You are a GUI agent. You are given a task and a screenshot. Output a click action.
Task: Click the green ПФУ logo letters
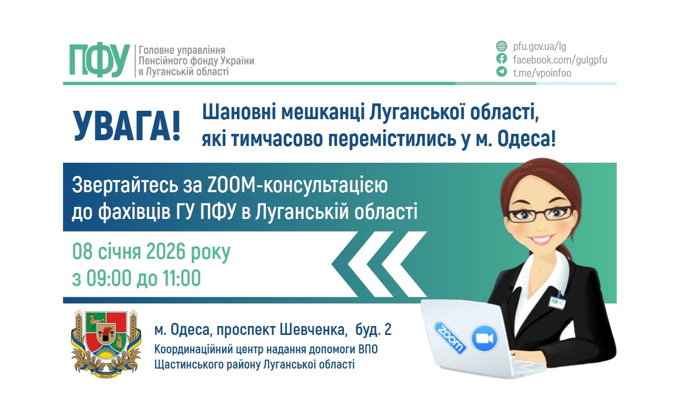coord(99,60)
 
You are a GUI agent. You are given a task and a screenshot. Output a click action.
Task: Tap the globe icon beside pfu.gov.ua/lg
coord(502,46)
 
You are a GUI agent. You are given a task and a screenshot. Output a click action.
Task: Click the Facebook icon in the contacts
coord(502,59)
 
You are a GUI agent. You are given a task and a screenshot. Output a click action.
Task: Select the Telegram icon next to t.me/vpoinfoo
coord(502,72)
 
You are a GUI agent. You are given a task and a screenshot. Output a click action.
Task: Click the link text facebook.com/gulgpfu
coord(560,60)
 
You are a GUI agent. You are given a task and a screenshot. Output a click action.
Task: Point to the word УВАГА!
coord(127,126)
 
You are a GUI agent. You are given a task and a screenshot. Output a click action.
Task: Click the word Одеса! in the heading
coord(526,139)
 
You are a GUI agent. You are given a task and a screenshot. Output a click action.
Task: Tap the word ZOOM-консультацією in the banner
coord(297,185)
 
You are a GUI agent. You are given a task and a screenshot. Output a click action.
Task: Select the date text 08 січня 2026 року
coord(151,251)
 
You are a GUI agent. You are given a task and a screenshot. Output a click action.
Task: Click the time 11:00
coord(182,278)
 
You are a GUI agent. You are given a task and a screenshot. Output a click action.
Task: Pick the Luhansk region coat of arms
coord(106,343)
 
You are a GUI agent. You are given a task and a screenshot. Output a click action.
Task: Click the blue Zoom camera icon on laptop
coord(485,338)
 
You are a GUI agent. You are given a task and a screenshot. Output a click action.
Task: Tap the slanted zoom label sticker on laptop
coord(450,338)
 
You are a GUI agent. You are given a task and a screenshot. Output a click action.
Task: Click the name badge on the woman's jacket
coord(558,301)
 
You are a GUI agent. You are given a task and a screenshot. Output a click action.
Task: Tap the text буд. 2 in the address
coord(373,329)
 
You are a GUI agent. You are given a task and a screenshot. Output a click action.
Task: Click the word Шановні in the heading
coord(239,112)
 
